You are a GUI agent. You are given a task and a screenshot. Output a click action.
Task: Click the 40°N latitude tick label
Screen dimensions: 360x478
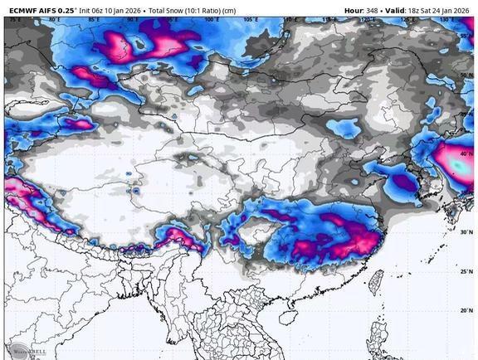click(466, 154)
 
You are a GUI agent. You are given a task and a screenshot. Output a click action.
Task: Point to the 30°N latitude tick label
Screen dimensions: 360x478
click(466, 232)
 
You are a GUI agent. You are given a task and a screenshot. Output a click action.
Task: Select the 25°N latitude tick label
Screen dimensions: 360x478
click(466, 271)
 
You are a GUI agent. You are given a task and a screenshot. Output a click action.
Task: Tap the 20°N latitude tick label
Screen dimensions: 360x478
click(466, 310)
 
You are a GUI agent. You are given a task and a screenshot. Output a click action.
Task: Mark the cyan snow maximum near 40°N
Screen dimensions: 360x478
click(459, 166)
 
